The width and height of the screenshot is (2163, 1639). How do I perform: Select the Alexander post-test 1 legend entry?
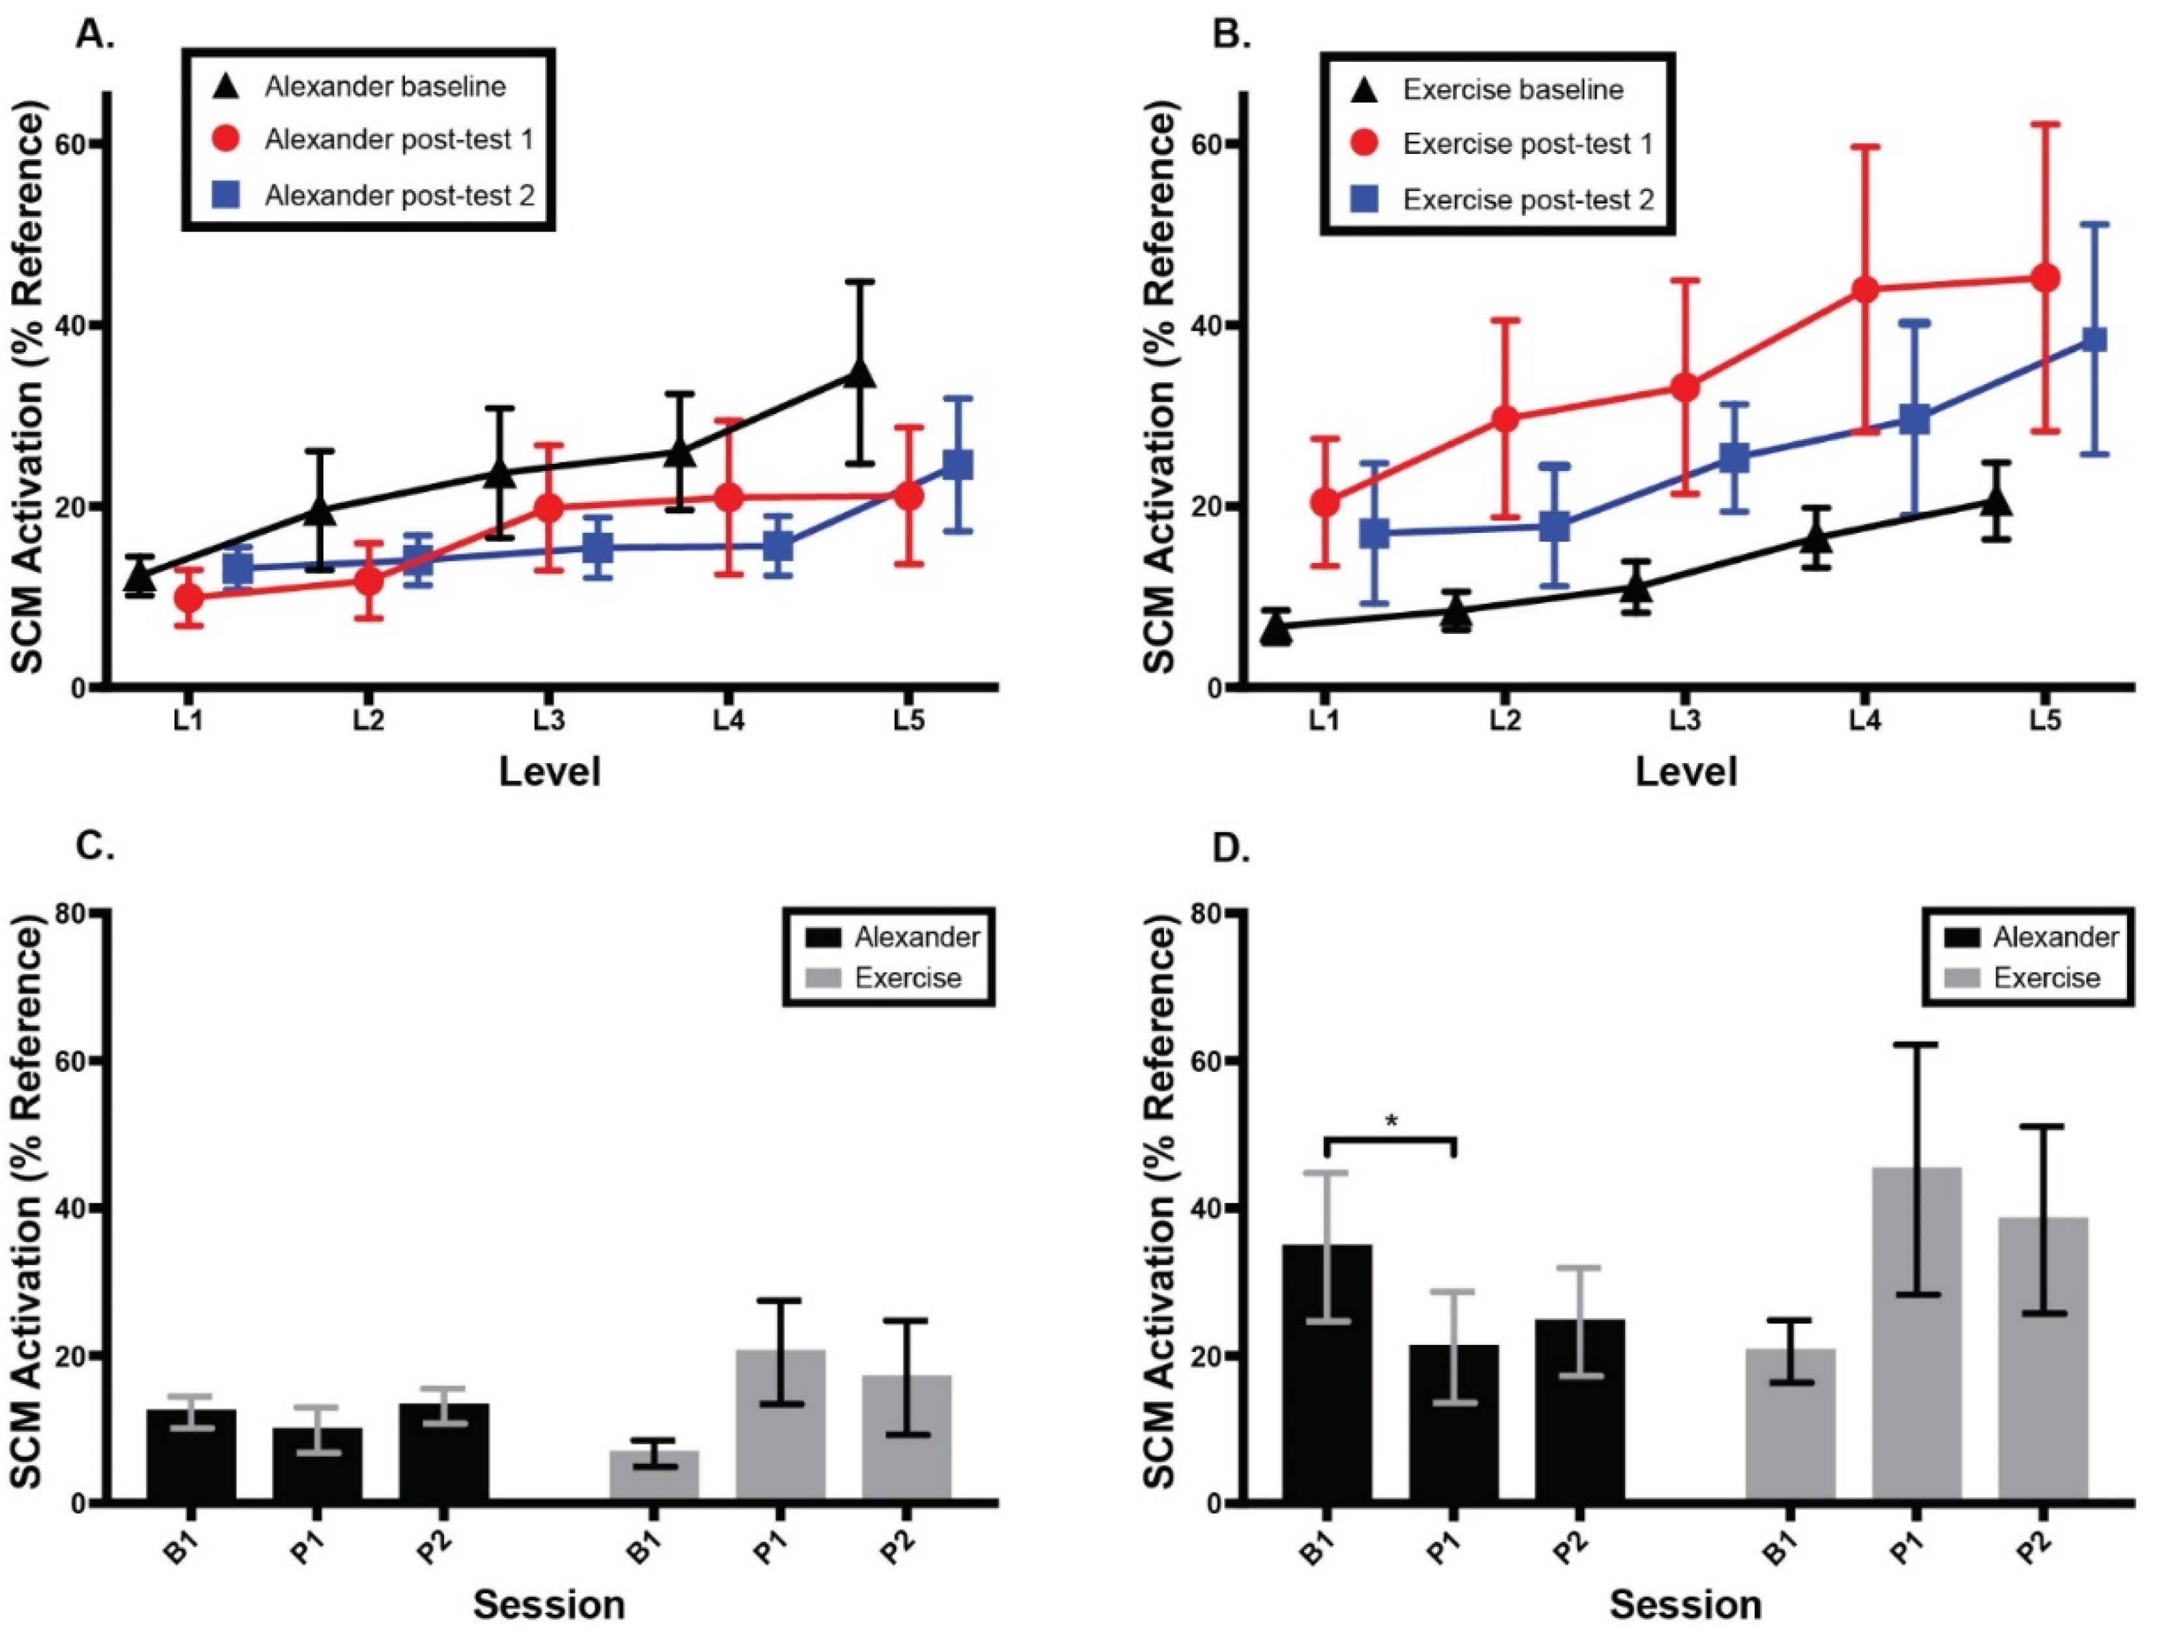pos(372,140)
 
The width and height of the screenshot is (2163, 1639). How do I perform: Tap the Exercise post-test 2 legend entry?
pos(1502,200)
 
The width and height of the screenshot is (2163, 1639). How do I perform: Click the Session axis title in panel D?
pos(1686,1605)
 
